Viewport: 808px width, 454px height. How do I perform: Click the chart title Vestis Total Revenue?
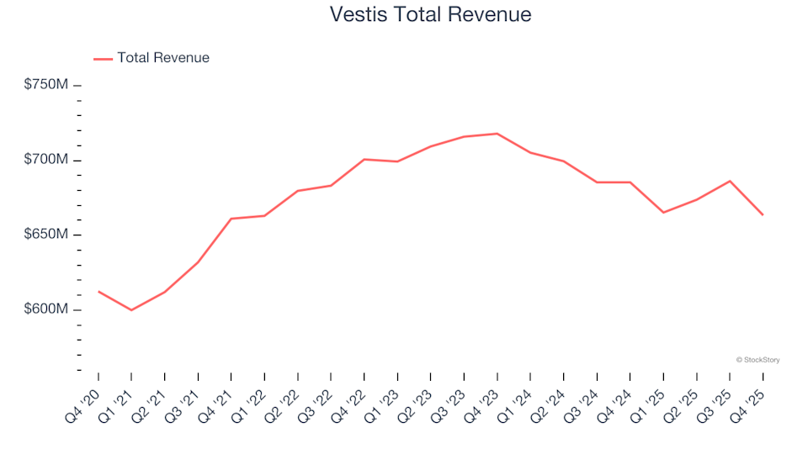click(x=430, y=15)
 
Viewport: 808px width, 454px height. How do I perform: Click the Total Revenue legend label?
click(x=163, y=58)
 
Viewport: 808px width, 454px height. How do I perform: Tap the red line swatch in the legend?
click(x=103, y=59)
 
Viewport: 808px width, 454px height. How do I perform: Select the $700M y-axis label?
click(x=46, y=160)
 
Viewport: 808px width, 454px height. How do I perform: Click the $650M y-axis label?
click(x=46, y=235)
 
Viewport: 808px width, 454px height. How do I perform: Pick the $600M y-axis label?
click(x=46, y=309)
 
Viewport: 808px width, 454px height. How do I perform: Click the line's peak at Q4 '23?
click(x=497, y=134)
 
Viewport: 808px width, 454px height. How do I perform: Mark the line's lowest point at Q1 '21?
click(x=131, y=310)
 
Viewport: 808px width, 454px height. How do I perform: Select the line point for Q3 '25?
click(x=730, y=181)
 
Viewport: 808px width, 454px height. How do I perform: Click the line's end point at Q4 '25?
click(x=763, y=214)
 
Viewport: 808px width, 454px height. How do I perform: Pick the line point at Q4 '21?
click(x=231, y=219)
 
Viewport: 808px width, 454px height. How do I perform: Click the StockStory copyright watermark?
click(x=757, y=360)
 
